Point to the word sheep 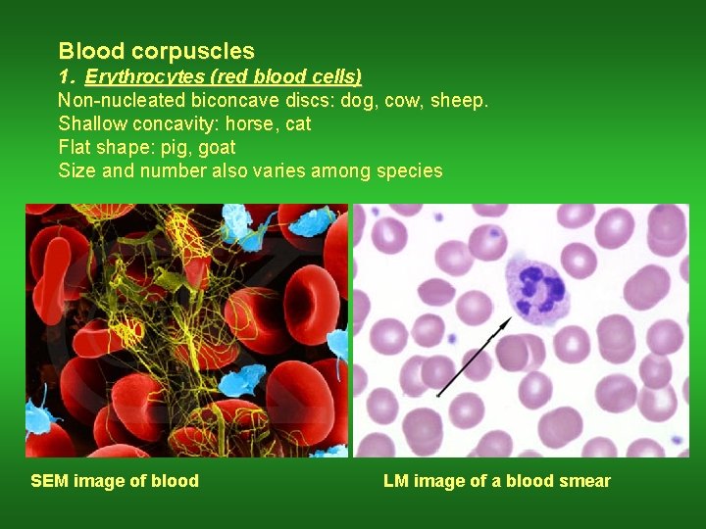click(458, 100)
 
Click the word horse click(260, 123)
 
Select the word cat click(298, 123)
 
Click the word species click(405, 171)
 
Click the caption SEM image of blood click(115, 481)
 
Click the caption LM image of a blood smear click(496, 481)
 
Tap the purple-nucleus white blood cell click(535, 287)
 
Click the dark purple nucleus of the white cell click(540, 287)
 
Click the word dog click(357, 100)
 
